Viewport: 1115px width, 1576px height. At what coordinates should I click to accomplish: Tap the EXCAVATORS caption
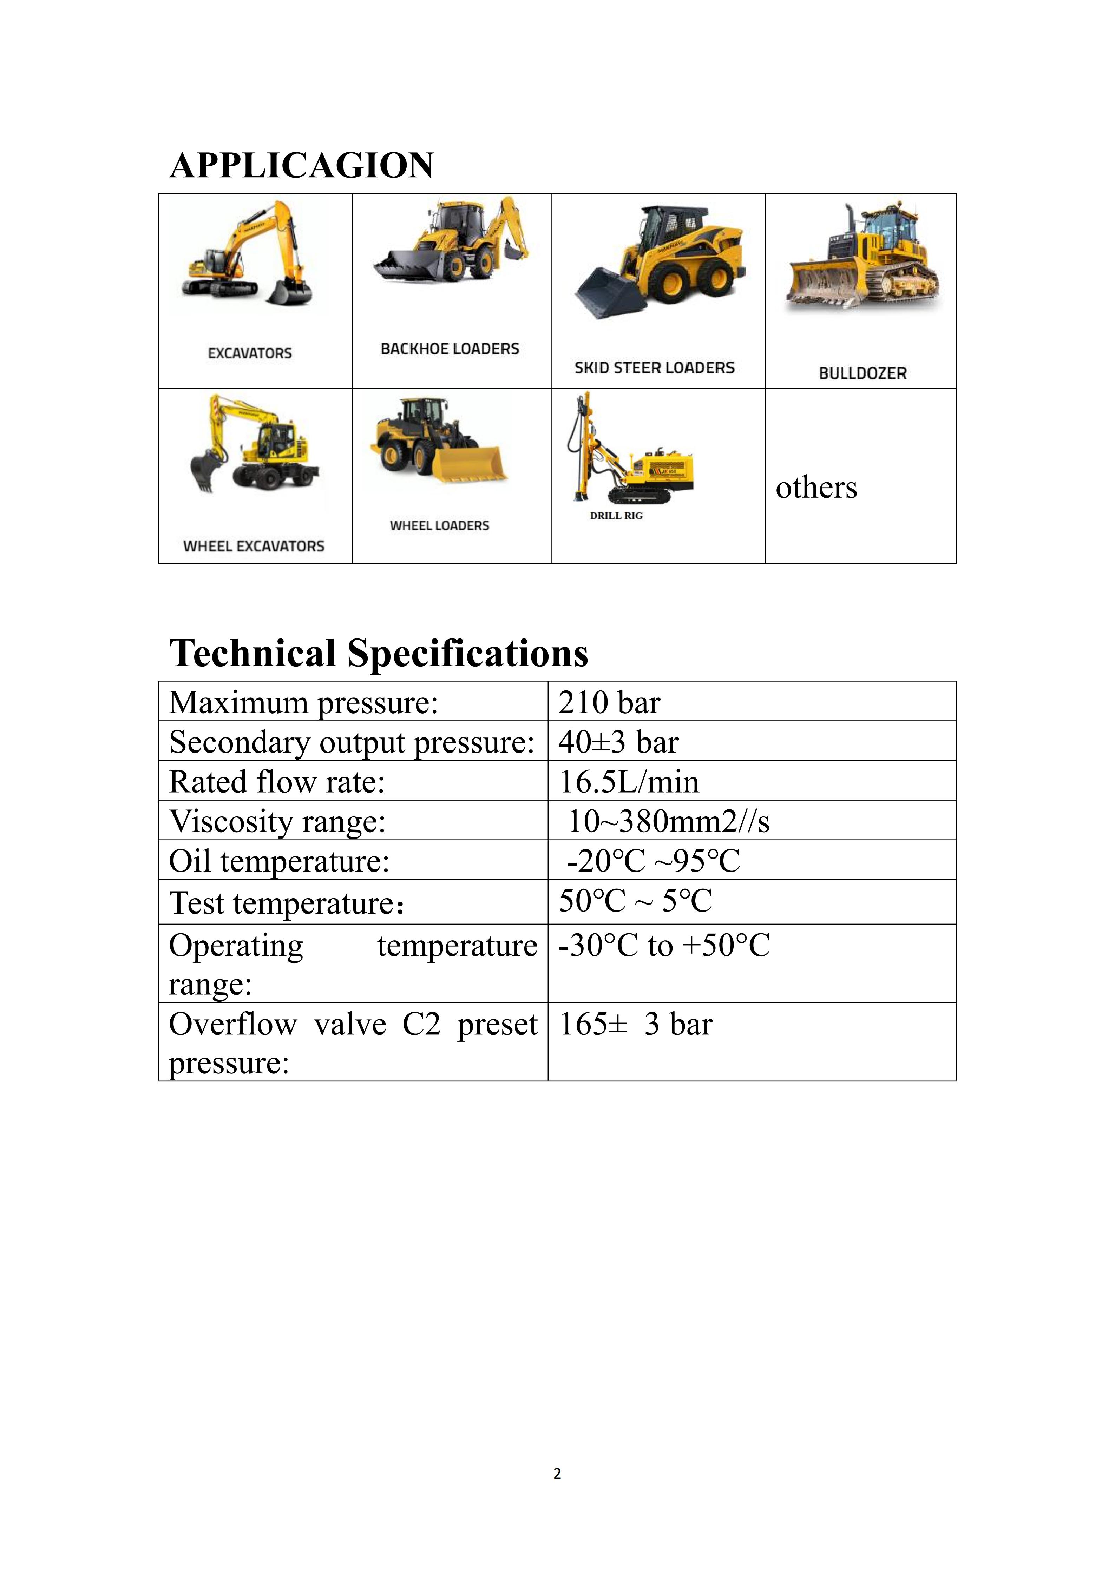(250, 353)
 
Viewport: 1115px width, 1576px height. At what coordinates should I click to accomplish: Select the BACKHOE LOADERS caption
(450, 349)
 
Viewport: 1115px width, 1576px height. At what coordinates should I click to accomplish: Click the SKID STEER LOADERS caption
(654, 368)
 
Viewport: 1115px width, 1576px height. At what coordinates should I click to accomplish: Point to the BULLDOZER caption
(863, 373)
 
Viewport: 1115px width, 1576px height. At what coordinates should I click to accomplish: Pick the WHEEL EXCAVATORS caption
(253, 547)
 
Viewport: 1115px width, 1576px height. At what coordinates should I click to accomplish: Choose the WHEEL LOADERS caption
(439, 526)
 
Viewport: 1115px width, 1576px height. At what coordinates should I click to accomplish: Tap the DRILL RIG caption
(616, 516)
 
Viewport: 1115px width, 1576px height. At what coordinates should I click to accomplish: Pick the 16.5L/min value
(629, 782)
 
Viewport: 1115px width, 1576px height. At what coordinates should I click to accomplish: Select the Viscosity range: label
(277, 822)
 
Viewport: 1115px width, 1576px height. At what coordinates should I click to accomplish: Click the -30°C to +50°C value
(664, 946)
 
